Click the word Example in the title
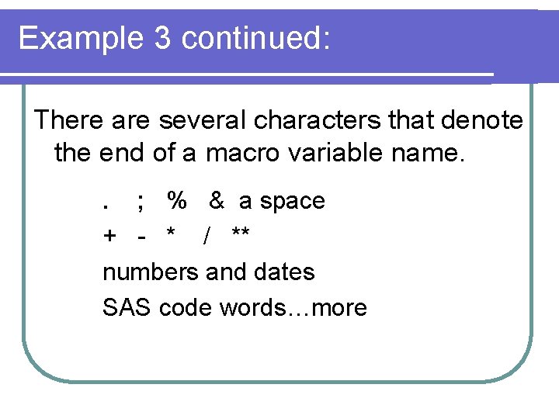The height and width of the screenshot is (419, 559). [x=79, y=38]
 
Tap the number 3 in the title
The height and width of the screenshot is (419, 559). [x=162, y=38]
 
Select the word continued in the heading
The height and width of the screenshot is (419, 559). [x=255, y=38]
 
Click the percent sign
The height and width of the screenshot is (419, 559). [x=177, y=201]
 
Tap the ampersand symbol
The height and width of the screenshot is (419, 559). [x=217, y=201]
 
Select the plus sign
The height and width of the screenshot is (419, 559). [x=109, y=235]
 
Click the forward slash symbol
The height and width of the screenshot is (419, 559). [x=206, y=235]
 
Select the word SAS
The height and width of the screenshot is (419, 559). [x=127, y=308]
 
